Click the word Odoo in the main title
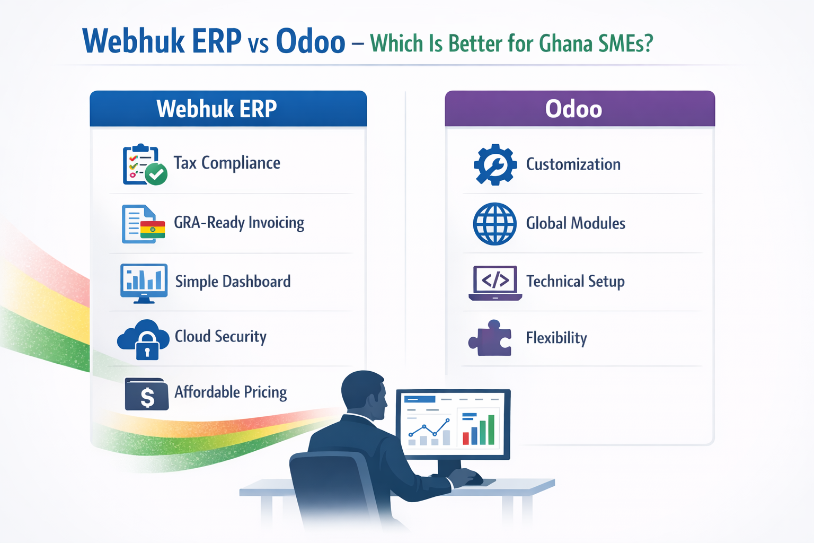click(311, 41)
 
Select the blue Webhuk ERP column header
click(228, 109)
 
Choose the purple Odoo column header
click(579, 109)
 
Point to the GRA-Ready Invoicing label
click(239, 223)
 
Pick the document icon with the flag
click(143, 224)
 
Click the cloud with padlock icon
click(144, 339)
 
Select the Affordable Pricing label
click(231, 392)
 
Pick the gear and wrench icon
click(495, 164)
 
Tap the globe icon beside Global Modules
click(494, 223)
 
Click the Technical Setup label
click(575, 281)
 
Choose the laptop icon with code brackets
click(495, 283)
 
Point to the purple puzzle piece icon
click(491, 338)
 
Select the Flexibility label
click(556, 338)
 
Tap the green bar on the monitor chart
click(491, 430)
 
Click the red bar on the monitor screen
click(466, 438)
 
